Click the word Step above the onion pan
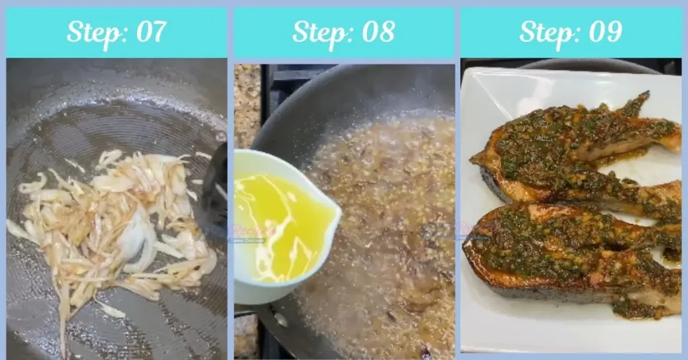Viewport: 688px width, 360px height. (x=92, y=32)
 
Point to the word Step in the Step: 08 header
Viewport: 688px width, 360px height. (x=318, y=32)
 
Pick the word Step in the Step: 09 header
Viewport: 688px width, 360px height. (x=546, y=32)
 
